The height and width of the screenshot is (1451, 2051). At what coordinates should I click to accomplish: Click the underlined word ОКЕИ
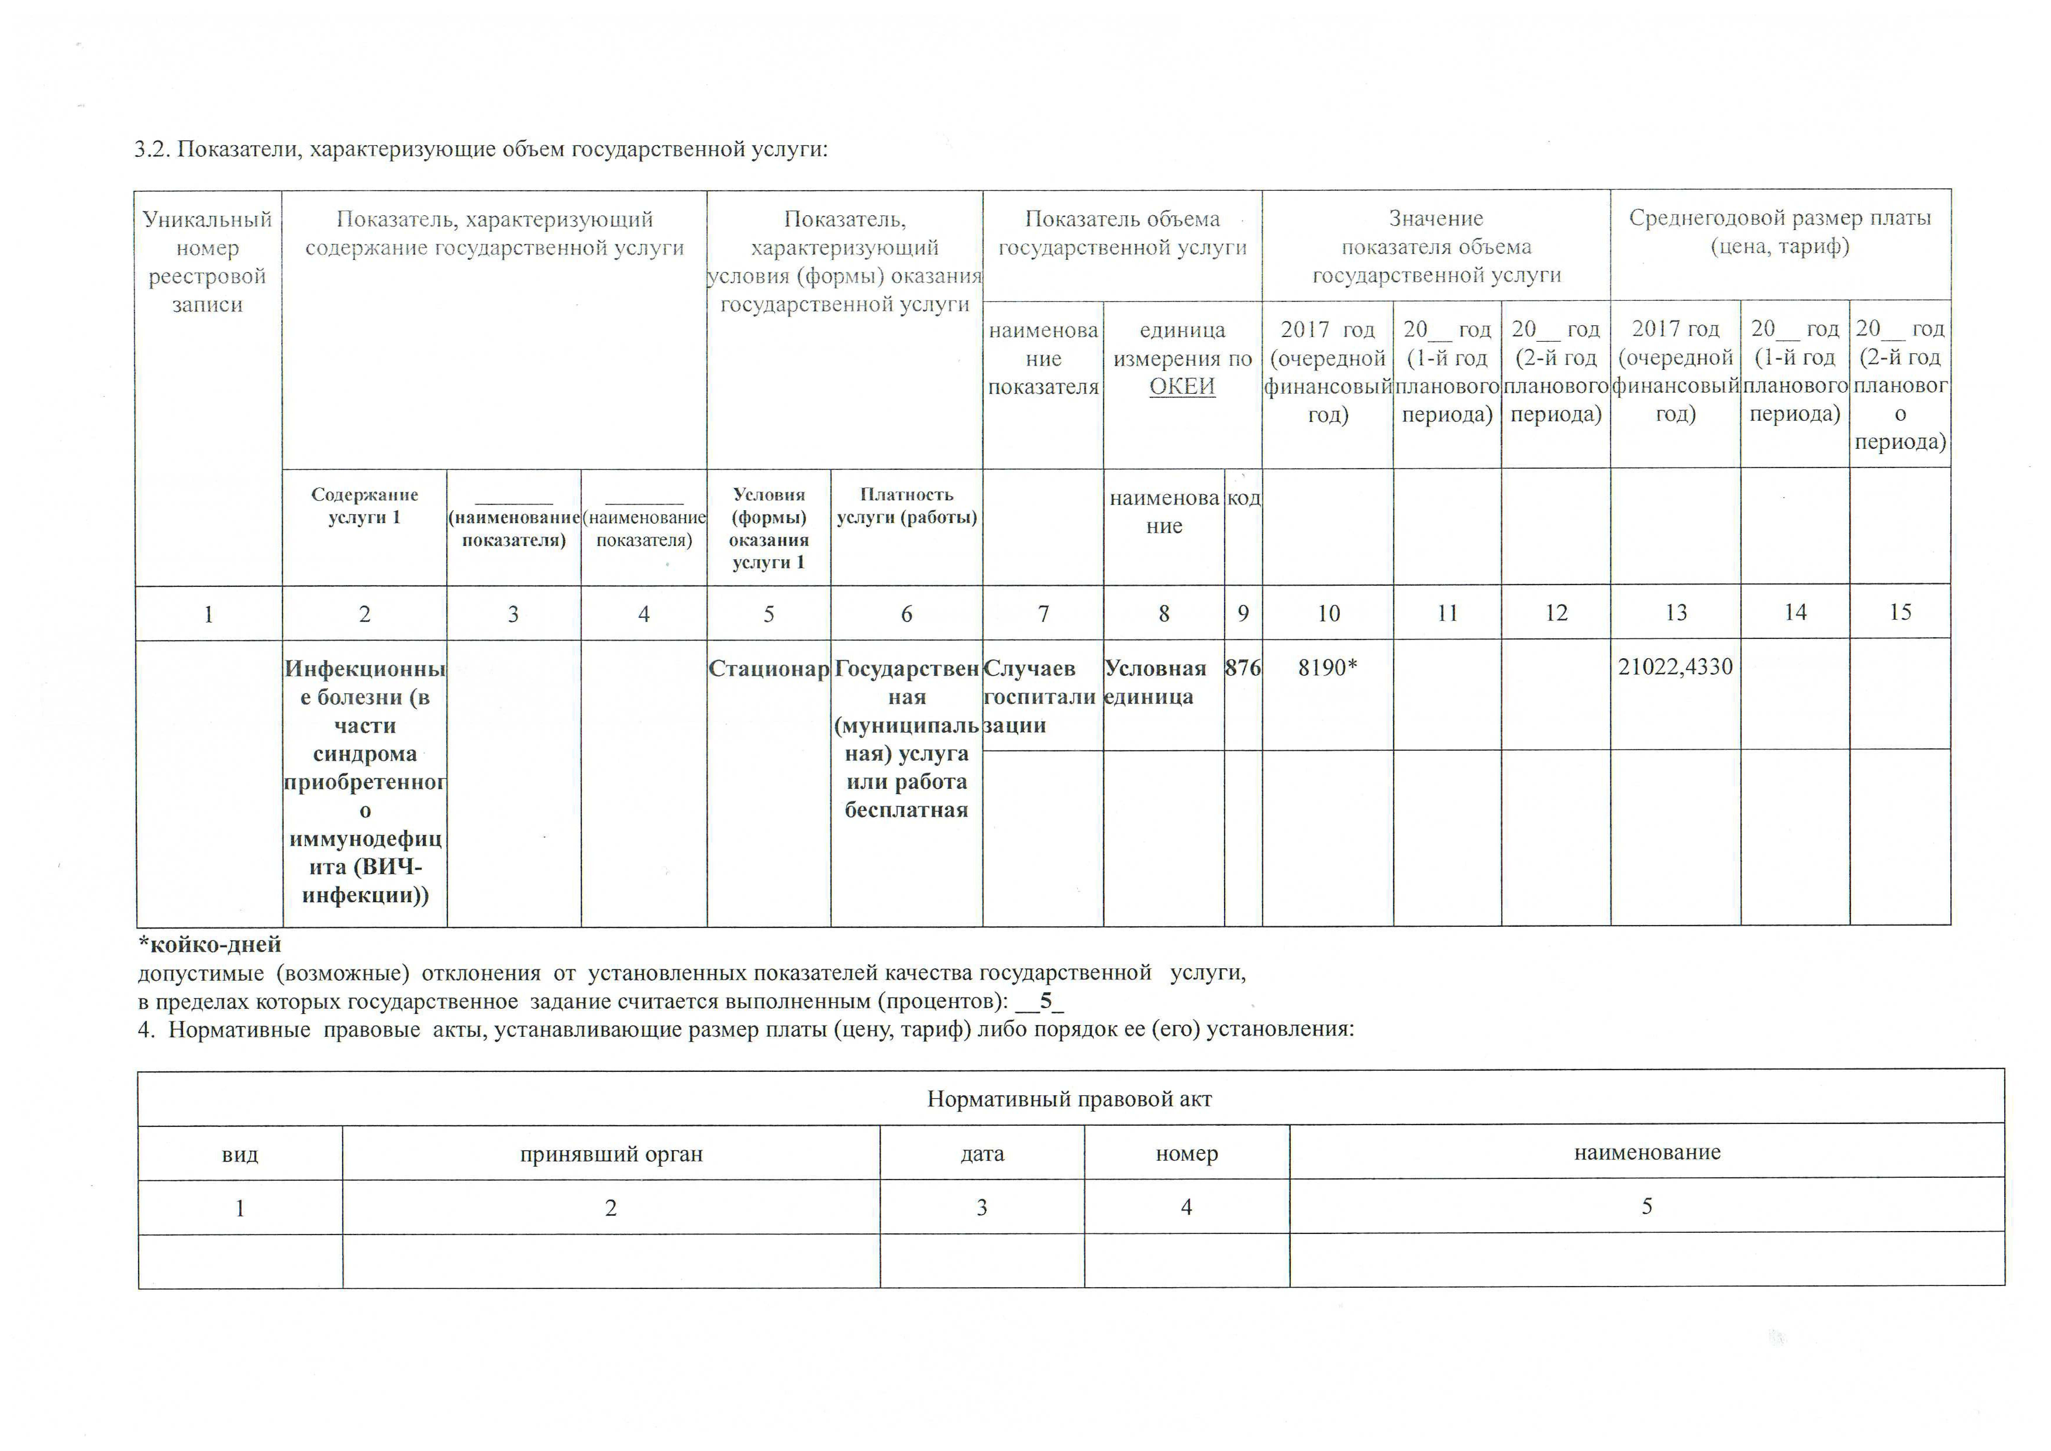point(1182,387)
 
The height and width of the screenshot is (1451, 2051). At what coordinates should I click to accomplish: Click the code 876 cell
point(1242,667)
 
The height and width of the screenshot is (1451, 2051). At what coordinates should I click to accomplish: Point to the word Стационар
point(768,668)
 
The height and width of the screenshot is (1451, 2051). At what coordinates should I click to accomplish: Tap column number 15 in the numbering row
point(1900,612)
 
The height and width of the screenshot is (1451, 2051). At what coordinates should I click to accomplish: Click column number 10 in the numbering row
point(1328,613)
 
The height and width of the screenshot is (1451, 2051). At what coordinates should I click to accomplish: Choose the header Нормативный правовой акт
point(1069,1099)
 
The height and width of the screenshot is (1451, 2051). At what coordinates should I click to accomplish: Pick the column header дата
point(982,1153)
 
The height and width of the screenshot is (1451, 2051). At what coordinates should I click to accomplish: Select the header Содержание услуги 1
point(364,506)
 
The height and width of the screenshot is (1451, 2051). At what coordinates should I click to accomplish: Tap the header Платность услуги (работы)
point(907,506)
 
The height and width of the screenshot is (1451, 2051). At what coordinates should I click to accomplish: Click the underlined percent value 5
point(1045,1001)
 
